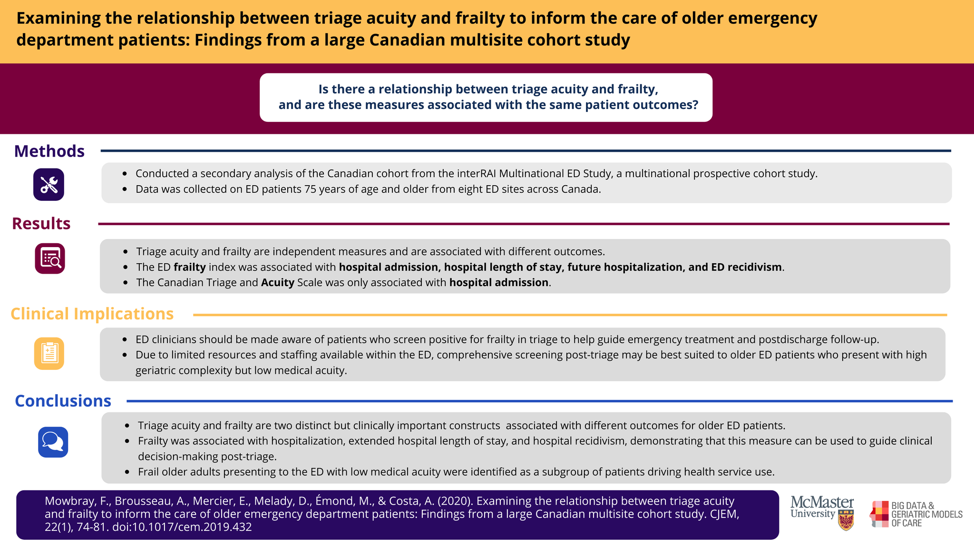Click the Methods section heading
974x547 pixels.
click(49, 151)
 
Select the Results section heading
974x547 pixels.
click(41, 223)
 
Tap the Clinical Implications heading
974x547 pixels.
click(92, 314)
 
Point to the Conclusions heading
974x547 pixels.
click(63, 401)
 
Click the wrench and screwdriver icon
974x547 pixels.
click(49, 184)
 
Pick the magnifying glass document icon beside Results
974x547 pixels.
click(49, 259)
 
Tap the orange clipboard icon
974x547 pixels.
click(49, 353)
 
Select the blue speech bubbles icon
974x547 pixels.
click(53, 442)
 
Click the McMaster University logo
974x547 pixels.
click(822, 513)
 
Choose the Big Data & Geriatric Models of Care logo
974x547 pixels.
click(916, 514)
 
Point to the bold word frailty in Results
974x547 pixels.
click(190, 267)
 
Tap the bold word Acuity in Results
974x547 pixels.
click(278, 282)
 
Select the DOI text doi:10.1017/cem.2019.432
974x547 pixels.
click(182, 527)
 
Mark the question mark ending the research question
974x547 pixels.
click(695, 105)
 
